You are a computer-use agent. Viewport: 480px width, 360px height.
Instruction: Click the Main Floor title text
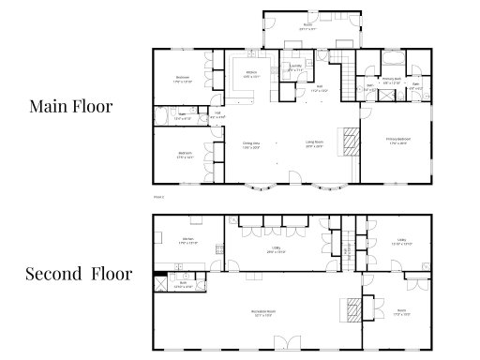(x=70, y=107)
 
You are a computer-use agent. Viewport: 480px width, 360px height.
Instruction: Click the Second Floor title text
(x=79, y=275)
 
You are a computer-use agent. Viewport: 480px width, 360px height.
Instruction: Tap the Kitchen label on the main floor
(x=251, y=75)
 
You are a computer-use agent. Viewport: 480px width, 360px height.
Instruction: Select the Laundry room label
(x=295, y=67)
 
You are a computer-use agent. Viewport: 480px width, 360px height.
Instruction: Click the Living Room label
(x=315, y=145)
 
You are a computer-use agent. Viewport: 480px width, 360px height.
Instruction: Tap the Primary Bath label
(x=393, y=80)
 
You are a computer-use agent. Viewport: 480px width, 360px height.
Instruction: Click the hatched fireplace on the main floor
(x=349, y=142)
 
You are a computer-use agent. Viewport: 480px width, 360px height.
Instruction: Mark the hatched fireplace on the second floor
(x=352, y=308)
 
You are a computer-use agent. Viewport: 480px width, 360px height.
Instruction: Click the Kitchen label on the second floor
(x=187, y=241)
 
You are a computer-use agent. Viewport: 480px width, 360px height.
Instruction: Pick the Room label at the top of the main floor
(x=307, y=26)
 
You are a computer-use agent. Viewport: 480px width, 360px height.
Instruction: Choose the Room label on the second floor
(x=400, y=311)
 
